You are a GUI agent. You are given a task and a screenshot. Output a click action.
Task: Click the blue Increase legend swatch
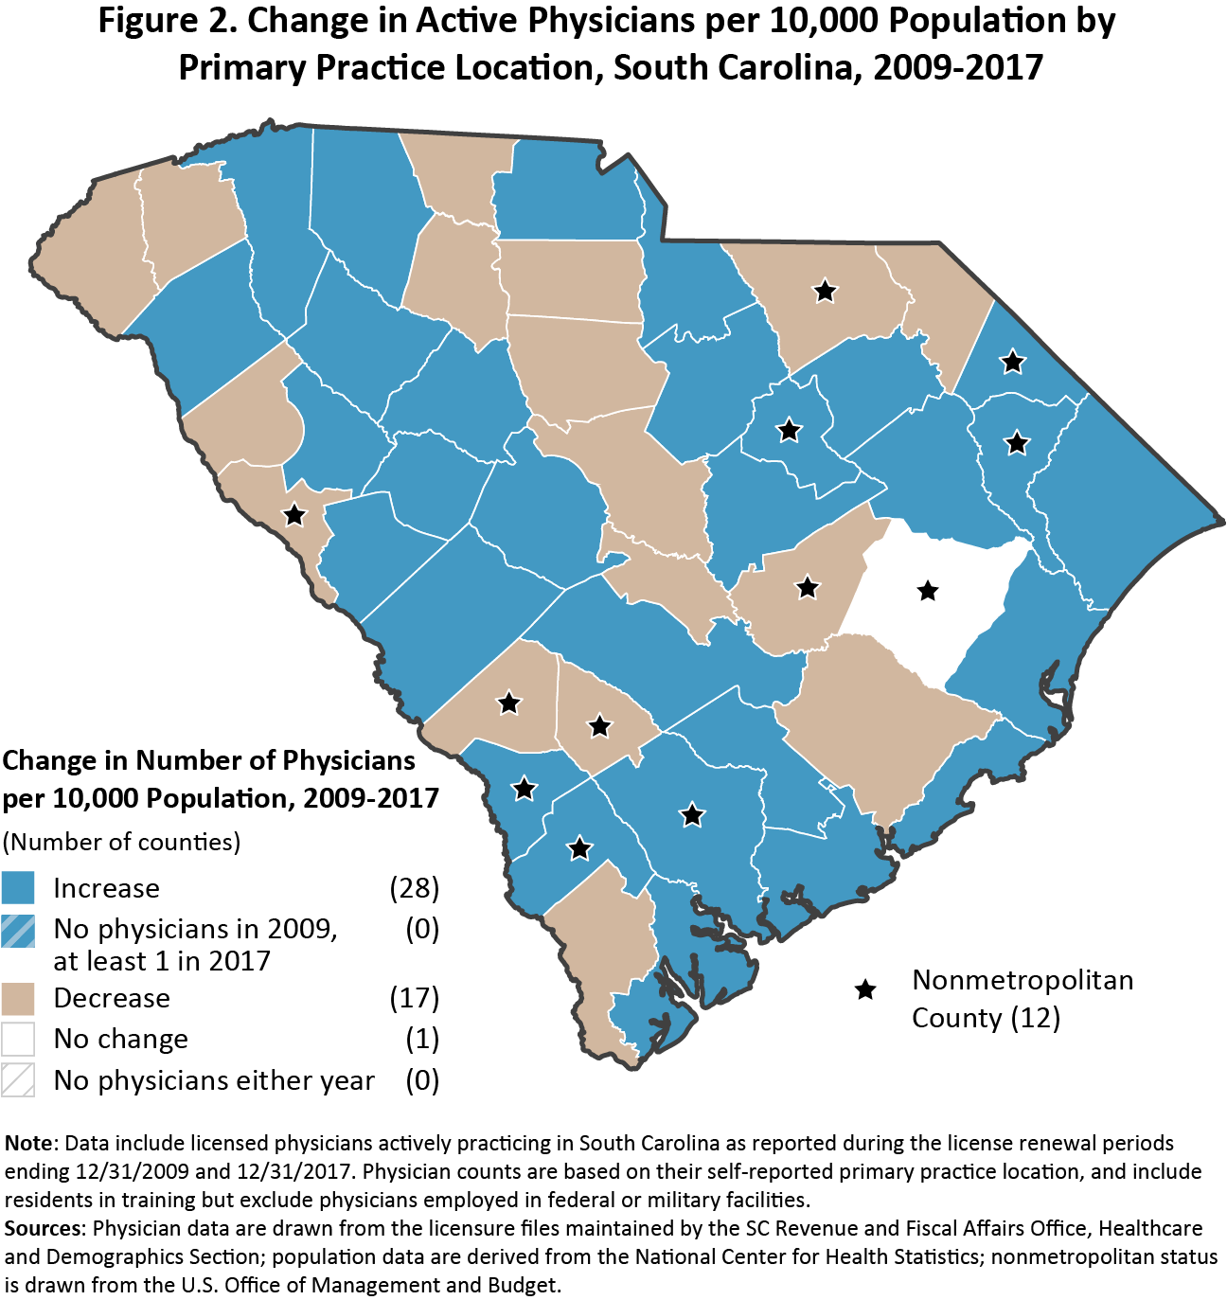point(18,888)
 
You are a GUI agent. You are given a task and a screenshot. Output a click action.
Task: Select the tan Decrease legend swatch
point(18,998)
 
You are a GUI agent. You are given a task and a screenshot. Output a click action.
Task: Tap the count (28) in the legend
point(415,888)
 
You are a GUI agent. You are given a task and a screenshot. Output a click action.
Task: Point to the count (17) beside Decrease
point(415,998)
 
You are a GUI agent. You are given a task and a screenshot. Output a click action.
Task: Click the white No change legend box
point(18,1039)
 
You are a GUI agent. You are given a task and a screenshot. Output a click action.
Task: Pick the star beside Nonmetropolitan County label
point(865,990)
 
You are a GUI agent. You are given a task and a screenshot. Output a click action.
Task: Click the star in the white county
point(928,591)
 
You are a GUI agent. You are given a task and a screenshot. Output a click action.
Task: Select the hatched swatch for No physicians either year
point(18,1080)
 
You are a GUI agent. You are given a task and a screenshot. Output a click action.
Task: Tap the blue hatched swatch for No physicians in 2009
point(18,932)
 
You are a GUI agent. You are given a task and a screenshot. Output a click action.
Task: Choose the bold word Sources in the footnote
point(44,1229)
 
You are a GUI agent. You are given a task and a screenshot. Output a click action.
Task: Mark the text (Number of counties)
point(121,842)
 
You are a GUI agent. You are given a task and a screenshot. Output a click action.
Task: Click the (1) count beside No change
point(422,1039)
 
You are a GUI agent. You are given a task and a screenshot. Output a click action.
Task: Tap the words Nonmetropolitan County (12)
point(1022,999)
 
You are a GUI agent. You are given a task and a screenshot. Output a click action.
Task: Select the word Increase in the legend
point(107,888)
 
